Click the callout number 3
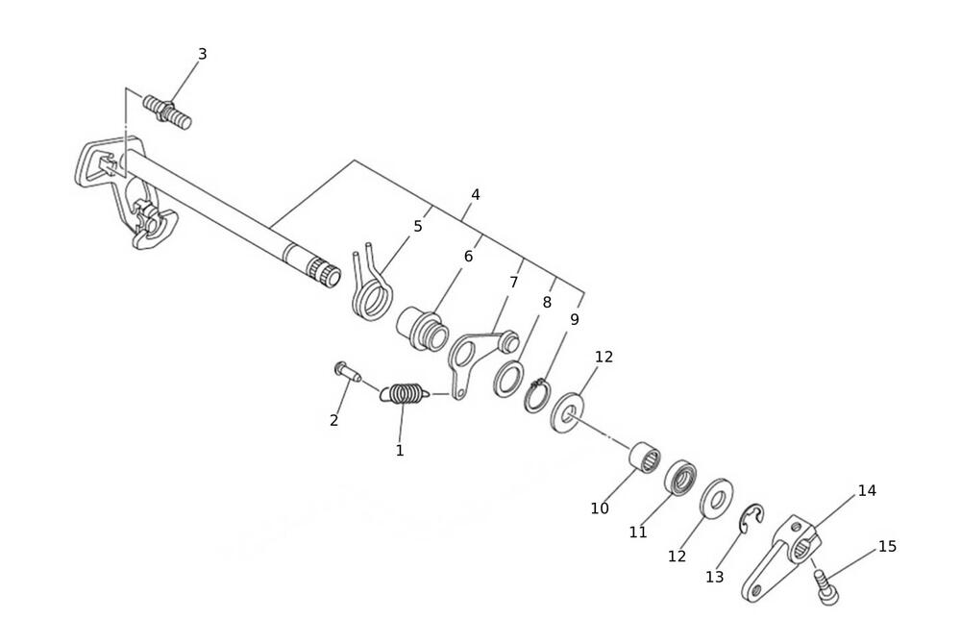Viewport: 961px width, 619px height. coord(202,54)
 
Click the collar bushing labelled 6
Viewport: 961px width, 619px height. coord(424,331)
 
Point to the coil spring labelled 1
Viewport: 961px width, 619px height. coord(402,393)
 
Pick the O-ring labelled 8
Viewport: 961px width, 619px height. coord(508,379)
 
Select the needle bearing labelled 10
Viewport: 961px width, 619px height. coord(645,457)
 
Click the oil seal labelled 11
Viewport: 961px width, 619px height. coord(680,477)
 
